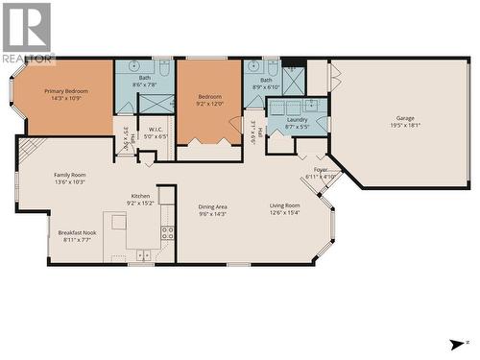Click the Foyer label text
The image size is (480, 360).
click(x=321, y=170)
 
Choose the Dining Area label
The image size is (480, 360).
click(x=212, y=206)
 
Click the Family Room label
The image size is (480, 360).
click(x=70, y=175)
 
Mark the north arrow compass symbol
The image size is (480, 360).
click(x=455, y=344)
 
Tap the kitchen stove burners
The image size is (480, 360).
click(x=167, y=232)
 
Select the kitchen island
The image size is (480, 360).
click(x=119, y=222)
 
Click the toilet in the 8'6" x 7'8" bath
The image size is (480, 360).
click(x=163, y=69)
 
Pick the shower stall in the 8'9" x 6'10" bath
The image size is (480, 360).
click(x=293, y=81)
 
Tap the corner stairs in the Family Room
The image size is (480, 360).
click(x=31, y=149)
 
